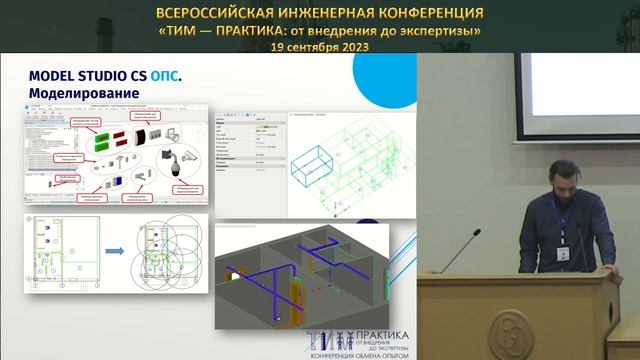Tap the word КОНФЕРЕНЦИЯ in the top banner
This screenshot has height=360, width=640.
click(x=430, y=13)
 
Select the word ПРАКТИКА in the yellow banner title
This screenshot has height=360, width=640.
click(x=243, y=30)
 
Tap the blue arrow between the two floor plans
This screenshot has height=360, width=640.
click(x=114, y=250)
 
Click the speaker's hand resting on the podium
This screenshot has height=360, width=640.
click(x=606, y=265)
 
